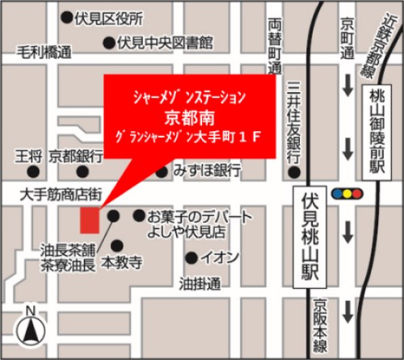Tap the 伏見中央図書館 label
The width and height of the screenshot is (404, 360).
pyautogui.click(x=165, y=41)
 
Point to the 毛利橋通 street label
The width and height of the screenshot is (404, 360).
pyautogui.click(x=44, y=53)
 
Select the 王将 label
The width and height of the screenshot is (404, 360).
pyautogui.click(x=29, y=155)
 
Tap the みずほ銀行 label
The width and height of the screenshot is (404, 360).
pyautogui.click(x=207, y=170)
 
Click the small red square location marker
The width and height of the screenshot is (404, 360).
pyautogui.click(x=88, y=219)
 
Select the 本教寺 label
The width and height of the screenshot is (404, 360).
pyautogui.click(x=122, y=264)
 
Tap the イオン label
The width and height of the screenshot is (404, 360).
pyautogui.click(x=220, y=258)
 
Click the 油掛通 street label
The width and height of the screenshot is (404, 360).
pyautogui.click(x=199, y=284)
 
